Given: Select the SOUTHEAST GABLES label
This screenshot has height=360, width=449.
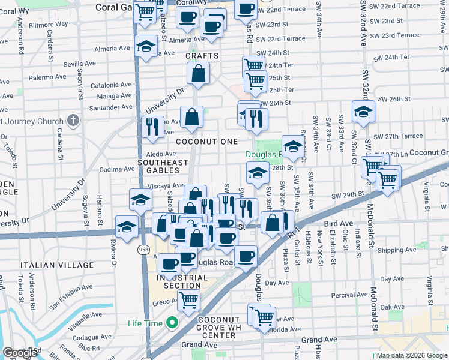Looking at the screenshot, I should [x=163, y=166].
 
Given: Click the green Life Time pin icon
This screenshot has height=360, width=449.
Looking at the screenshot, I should [x=173, y=323].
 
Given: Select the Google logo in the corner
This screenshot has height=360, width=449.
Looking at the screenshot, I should [x=20, y=353].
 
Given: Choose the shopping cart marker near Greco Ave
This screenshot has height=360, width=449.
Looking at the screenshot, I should [x=189, y=299].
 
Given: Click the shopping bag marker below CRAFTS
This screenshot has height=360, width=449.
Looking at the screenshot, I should [x=198, y=74].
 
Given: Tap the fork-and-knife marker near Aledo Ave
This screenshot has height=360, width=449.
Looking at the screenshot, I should [x=152, y=127].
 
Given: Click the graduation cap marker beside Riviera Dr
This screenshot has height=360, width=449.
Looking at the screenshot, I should [x=127, y=228].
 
